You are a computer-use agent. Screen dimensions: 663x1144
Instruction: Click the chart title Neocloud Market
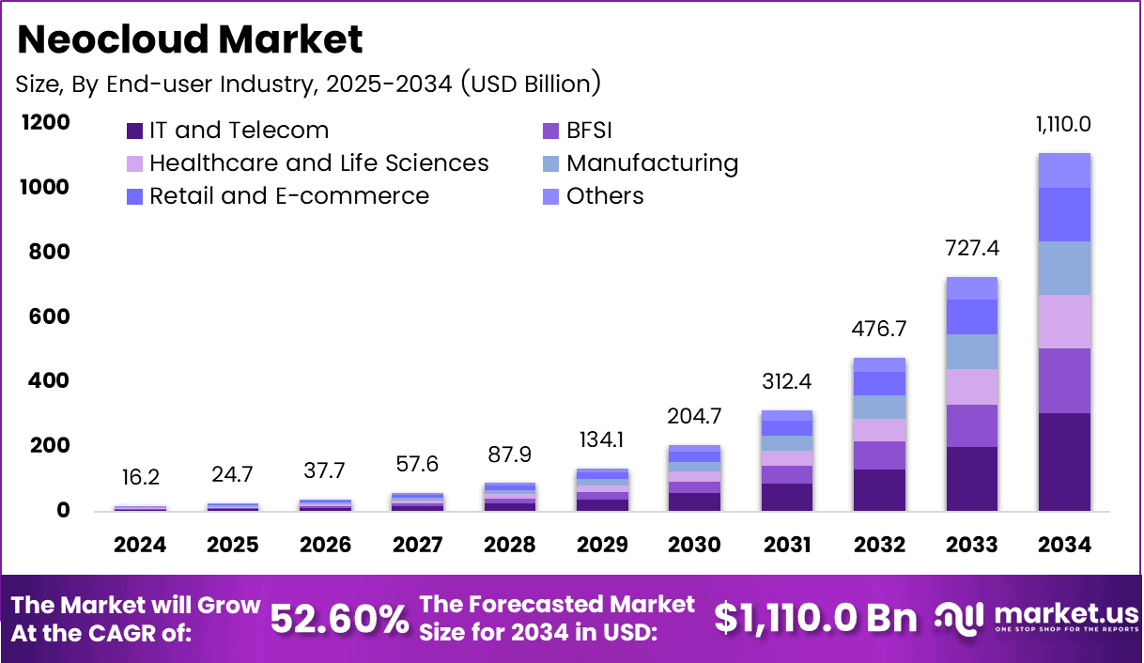coord(190,39)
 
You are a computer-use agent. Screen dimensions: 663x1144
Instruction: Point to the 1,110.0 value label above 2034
coord(1064,124)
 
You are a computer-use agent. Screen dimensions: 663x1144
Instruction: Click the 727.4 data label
coord(972,249)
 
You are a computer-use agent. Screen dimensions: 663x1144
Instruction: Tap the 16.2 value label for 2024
coord(141,477)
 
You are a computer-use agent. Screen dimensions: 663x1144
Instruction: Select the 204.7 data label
coord(694,415)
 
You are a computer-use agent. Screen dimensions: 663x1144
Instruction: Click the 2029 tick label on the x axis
coord(602,546)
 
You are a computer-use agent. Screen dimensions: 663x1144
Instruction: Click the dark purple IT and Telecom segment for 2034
coord(1064,462)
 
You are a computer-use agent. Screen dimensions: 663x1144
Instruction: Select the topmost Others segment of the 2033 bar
coord(972,288)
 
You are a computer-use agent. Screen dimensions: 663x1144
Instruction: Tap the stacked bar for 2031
coord(786,460)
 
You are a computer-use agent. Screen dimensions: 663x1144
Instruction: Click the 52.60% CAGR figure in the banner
coord(340,618)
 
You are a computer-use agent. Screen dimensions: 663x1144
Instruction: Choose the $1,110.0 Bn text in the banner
coord(815,618)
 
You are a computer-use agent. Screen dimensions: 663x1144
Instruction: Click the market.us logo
coord(1037,618)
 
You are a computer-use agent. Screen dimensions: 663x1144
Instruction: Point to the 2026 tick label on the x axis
coord(326,546)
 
